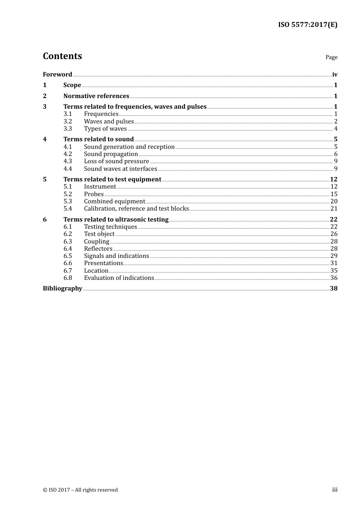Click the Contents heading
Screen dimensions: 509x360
62,56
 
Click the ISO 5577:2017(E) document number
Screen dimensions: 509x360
308,25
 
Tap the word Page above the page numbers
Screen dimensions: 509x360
331,57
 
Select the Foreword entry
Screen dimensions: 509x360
57,74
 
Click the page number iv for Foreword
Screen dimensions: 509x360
335,74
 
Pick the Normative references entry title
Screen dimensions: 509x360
96,96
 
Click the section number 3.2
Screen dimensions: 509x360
67,121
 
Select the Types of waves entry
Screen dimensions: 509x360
105,128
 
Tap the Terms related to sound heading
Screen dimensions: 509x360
99,139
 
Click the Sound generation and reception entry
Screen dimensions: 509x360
129,147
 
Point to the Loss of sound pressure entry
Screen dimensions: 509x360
116,161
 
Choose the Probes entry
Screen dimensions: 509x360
94,194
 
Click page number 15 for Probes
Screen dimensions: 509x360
333,194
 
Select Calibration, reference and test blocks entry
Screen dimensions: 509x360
136,208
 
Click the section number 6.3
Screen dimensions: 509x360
67,241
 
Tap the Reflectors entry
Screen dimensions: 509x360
98,248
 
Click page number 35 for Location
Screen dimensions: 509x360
333,270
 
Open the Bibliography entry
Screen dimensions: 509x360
62,288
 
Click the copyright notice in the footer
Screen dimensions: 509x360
80,490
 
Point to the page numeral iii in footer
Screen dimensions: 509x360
335,489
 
